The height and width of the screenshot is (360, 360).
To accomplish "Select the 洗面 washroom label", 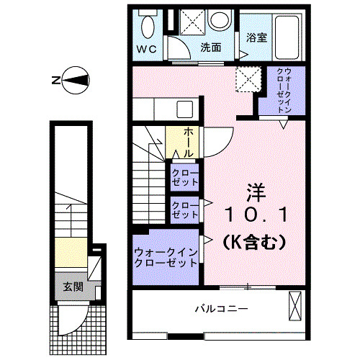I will click(210, 48).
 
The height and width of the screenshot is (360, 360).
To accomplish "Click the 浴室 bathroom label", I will click(256, 37).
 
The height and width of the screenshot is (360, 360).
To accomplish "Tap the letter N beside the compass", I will click(56, 81).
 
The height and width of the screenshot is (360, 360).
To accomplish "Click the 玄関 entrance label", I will click(73, 286).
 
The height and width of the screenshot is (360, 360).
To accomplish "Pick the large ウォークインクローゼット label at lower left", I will click(166, 257).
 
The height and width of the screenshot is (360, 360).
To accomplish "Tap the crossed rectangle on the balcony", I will click(294, 306).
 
